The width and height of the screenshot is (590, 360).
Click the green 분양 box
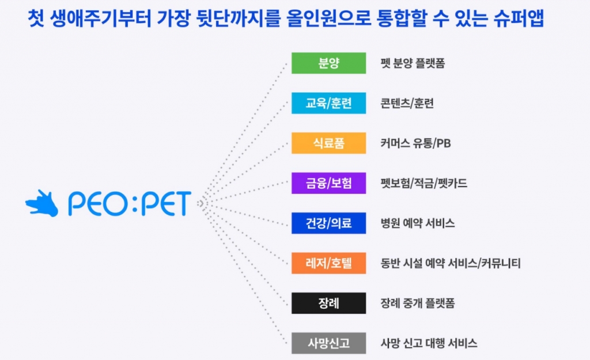[328, 63]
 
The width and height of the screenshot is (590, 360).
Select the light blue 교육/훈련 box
[328, 103]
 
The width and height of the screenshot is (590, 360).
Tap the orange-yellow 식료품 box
[328, 143]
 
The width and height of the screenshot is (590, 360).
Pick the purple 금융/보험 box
[328, 183]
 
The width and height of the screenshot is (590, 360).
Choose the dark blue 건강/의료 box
[328, 223]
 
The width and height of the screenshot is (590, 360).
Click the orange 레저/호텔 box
[328, 263]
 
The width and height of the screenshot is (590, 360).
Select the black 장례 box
[328, 303]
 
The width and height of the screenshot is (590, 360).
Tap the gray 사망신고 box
[328, 343]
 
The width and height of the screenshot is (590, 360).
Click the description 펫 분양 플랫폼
[413, 63]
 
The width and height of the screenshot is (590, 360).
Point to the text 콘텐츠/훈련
[407, 103]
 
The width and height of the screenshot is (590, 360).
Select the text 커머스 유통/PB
[415, 143]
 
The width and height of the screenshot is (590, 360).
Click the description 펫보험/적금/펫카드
[423, 183]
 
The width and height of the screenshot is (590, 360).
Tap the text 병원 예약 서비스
[418, 223]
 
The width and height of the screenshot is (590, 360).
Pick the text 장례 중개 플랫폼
[418, 303]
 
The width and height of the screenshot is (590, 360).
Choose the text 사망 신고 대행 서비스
[429, 343]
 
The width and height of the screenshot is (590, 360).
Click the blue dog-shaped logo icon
[42, 203]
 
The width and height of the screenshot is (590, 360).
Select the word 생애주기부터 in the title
[100, 18]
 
